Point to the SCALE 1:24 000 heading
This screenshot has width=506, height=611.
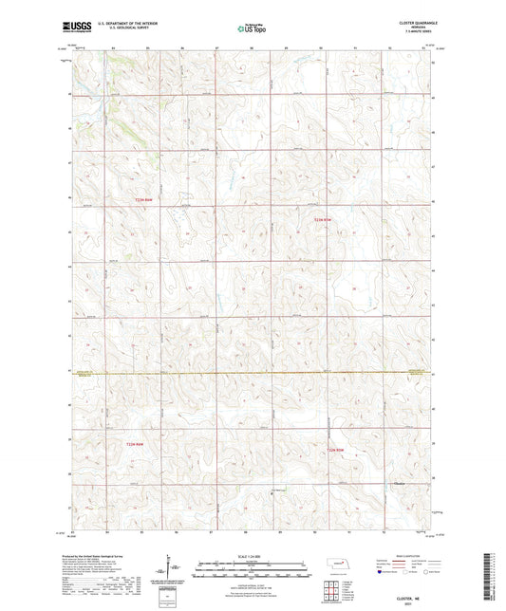[x=251, y=556]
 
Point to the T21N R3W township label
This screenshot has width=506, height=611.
[x=333, y=450]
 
